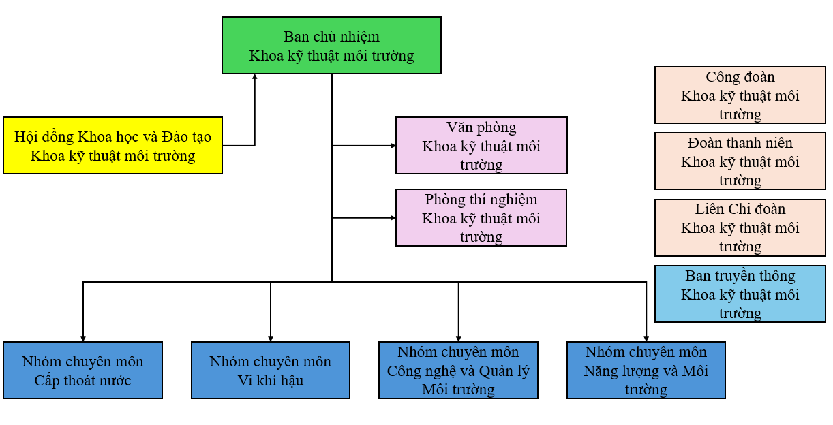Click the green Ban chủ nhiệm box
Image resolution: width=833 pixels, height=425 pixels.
click(331, 46)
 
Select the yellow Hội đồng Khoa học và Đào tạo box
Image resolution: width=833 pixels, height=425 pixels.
click(112, 146)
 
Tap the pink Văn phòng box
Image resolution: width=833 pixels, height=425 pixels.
click(481, 146)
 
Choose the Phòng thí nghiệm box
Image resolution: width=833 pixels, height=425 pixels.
click(481, 218)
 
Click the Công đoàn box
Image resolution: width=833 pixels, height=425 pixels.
click(740, 95)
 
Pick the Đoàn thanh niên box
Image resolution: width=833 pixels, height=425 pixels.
click(740, 161)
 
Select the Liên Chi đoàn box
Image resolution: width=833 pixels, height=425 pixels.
click(740, 227)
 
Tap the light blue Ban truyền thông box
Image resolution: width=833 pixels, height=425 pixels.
click(740, 294)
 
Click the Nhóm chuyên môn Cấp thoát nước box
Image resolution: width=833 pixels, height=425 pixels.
click(82, 371)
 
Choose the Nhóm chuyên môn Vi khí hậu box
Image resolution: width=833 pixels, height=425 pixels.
click(271, 371)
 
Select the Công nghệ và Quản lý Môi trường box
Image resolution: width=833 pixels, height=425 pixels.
click(458, 371)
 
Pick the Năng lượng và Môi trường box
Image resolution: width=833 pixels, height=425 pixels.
click(646, 371)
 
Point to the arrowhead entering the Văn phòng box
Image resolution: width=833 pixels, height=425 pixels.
click(393, 146)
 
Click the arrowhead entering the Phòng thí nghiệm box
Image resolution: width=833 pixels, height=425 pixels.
click(393, 218)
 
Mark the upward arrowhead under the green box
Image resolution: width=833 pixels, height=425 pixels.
click(255, 76)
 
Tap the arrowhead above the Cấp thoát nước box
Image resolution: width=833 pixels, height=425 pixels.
click(83, 339)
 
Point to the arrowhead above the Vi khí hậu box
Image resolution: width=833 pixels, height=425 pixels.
click(271, 339)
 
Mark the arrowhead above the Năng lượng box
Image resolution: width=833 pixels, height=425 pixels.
click(646, 339)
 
